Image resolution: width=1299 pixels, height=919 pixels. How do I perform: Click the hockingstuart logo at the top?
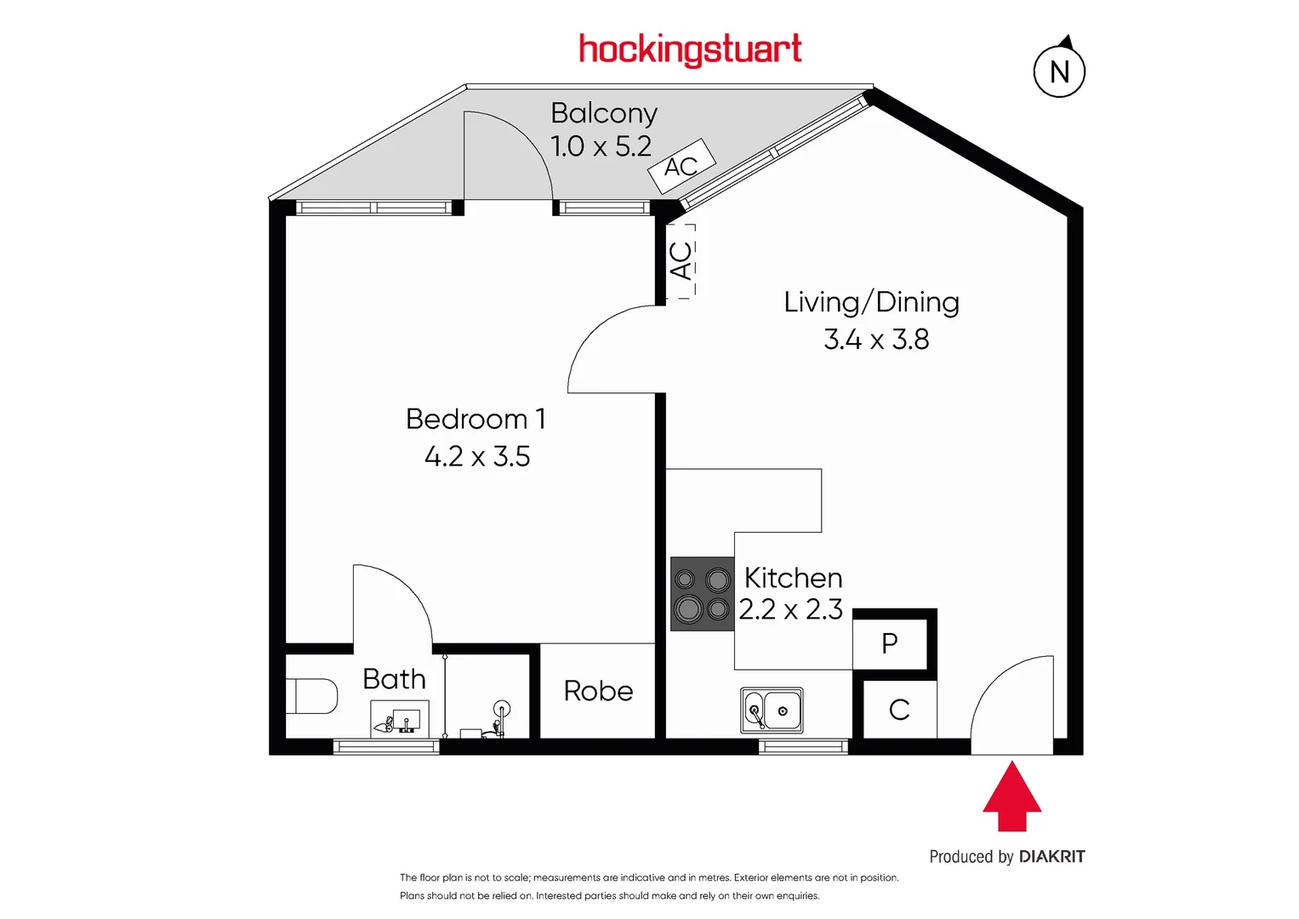point(690,49)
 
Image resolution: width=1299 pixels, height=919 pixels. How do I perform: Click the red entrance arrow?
point(1011,797)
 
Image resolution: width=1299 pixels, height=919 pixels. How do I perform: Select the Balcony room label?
point(604,113)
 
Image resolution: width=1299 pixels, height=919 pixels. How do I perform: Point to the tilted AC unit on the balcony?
point(681,166)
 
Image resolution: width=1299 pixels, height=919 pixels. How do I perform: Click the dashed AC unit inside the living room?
point(681,260)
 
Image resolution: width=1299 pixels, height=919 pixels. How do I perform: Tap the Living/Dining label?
point(871,302)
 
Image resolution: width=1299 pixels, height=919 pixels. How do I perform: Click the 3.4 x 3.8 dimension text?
point(876,340)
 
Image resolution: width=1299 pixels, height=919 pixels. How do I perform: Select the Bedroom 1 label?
point(476,419)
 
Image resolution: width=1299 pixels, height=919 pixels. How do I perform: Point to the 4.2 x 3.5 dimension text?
point(477,457)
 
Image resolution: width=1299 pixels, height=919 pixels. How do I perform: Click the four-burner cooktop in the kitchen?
point(702,594)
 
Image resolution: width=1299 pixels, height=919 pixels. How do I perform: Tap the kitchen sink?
point(772,711)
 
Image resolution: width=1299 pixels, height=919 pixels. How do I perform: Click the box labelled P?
point(890,643)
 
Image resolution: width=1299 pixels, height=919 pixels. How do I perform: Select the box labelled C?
point(899,710)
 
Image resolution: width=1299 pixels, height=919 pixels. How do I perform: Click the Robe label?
point(598,691)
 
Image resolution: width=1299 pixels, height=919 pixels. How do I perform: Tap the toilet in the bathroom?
point(312,695)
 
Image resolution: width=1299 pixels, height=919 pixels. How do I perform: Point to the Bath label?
point(394,679)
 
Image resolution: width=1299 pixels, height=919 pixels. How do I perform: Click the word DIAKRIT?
point(1051,857)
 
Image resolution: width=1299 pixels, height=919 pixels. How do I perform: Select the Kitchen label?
point(793,578)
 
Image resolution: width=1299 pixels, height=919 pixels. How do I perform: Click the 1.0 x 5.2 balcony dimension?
point(601,146)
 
